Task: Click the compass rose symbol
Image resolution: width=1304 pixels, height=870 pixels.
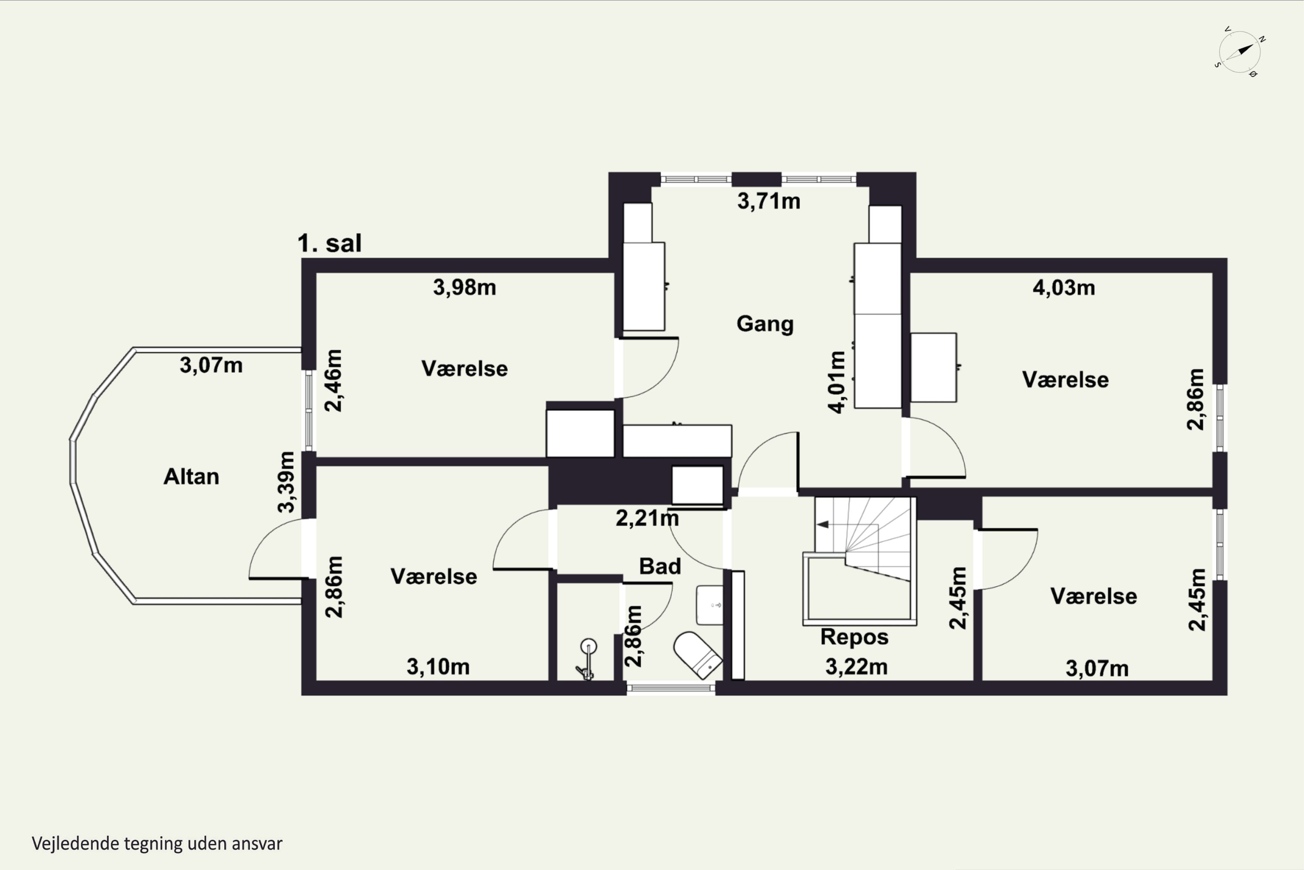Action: pyautogui.click(x=1240, y=52)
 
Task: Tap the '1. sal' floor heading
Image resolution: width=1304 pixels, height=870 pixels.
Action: pyautogui.click(x=329, y=243)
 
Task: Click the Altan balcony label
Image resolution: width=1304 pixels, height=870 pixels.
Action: pyautogui.click(x=191, y=477)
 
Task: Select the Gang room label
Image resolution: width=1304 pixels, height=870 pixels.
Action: pyautogui.click(x=765, y=324)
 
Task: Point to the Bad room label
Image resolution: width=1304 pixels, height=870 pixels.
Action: pyautogui.click(x=660, y=566)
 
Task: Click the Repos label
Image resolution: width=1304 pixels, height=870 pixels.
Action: pyautogui.click(x=855, y=637)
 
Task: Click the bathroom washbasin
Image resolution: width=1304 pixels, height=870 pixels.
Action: pyautogui.click(x=710, y=605)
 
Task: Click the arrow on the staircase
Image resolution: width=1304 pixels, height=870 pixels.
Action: pyautogui.click(x=823, y=524)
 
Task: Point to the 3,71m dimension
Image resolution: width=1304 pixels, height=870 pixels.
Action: pyautogui.click(x=768, y=201)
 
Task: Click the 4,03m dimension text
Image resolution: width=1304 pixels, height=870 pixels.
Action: pyautogui.click(x=1063, y=288)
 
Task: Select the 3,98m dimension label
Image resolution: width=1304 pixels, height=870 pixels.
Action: pyautogui.click(x=464, y=288)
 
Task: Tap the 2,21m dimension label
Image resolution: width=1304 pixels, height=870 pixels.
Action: pyautogui.click(x=647, y=518)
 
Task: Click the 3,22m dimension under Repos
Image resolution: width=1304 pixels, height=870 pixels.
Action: pyautogui.click(x=856, y=666)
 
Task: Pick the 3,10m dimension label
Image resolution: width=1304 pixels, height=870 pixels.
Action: pyautogui.click(x=438, y=666)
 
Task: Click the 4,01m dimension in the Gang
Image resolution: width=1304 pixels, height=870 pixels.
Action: pyautogui.click(x=837, y=382)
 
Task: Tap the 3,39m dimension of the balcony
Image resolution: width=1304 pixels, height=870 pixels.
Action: pyautogui.click(x=286, y=482)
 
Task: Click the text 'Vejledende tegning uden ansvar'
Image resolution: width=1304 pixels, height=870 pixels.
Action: pyautogui.click(x=157, y=843)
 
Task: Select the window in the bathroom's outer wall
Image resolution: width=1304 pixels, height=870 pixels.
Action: pyautogui.click(x=671, y=688)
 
